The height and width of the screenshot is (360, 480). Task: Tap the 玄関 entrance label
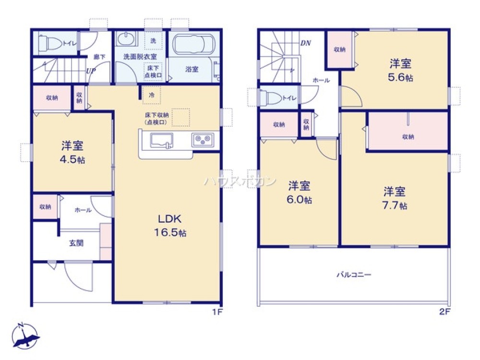click(x=76, y=243)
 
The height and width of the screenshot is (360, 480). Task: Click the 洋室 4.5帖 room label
click(x=73, y=152)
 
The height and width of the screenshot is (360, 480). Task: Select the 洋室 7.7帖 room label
click(x=395, y=198)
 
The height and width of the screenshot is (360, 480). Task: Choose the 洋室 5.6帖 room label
click(x=401, y=70)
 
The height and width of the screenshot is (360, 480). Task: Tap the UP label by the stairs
click(x=90, y=71)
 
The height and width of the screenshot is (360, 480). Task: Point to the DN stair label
click(x=306, y=43)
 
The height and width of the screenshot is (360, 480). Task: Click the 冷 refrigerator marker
click(x=152, y=95)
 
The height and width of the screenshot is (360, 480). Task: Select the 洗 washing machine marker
click(x=153, y=41)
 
